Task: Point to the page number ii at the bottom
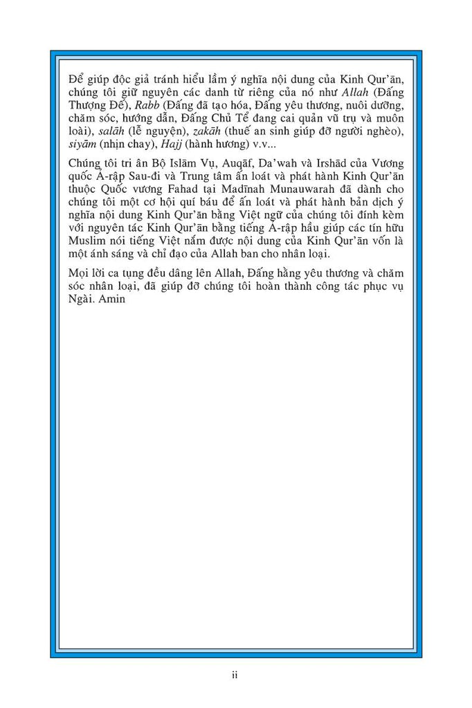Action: tap(235, 675)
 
